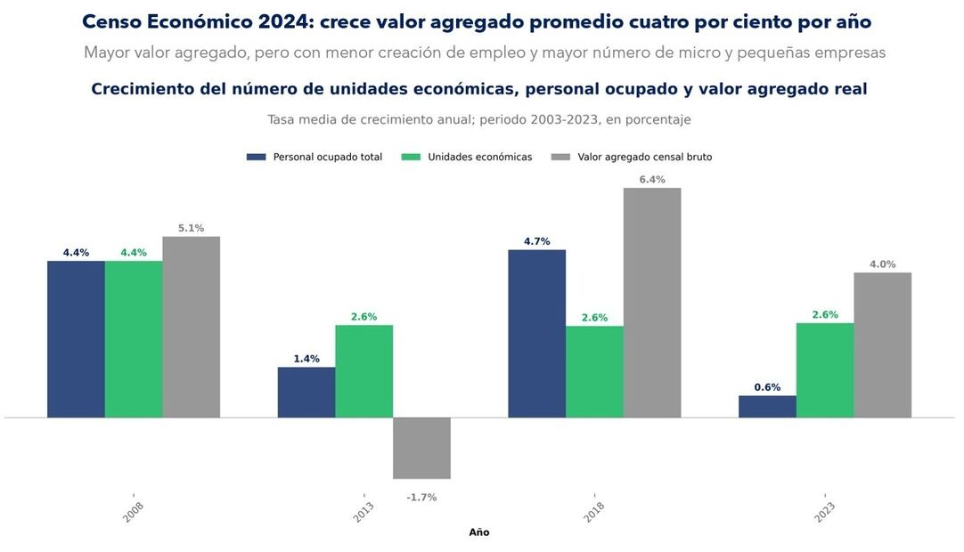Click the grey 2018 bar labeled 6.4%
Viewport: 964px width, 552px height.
point(651,302)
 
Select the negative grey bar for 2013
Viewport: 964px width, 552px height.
point(421,448)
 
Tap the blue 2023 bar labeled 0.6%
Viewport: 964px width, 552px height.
point(767,406)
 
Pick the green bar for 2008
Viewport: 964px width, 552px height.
point(134,338)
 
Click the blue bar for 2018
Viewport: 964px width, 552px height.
point(536,333)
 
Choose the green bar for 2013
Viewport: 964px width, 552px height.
point(364,370)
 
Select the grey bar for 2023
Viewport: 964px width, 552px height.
point(882,345)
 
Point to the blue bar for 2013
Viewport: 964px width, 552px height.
point(306,392)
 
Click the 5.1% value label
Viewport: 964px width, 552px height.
point(191,229)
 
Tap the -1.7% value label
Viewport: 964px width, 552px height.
point(421,498)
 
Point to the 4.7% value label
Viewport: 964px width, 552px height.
point(536,241)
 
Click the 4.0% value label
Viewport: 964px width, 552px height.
point(882,264)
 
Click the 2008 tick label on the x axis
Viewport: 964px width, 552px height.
point(134,510)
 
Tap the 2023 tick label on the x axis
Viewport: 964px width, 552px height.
point(825,510)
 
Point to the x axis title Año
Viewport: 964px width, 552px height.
point(479,532)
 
